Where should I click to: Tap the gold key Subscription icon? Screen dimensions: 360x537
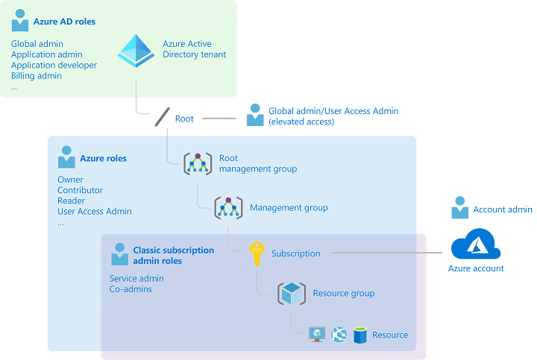(x=257, y=253)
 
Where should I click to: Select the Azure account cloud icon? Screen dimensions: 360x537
(x=475, y=244)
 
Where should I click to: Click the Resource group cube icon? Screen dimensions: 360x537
(x=291, y=294)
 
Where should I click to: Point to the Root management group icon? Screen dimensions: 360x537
(x=198, y=164)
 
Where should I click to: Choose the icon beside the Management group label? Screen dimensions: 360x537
(x=228, y=208)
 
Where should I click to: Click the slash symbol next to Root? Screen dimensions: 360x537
(x=162, y=118)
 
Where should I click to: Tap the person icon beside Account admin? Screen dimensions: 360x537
(x=460, y=209)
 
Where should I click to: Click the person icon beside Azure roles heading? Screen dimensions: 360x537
(x=66, y=157)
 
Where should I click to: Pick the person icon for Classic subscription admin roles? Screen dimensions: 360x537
(x=119, y=255)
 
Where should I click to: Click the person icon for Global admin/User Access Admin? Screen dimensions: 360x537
(x=255, y=116)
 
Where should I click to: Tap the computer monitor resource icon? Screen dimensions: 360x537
(x=318, y=335)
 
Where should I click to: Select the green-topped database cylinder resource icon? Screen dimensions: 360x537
(x=361, y=335)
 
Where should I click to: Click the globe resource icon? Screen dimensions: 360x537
(x=339, y=335)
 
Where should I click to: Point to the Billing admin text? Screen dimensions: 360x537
(x=36, y=76)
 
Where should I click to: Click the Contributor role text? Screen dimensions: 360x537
(x=80, y=190)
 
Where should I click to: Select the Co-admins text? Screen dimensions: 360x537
(x=131, y=289)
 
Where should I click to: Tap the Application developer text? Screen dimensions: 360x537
(x=54, y=66)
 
